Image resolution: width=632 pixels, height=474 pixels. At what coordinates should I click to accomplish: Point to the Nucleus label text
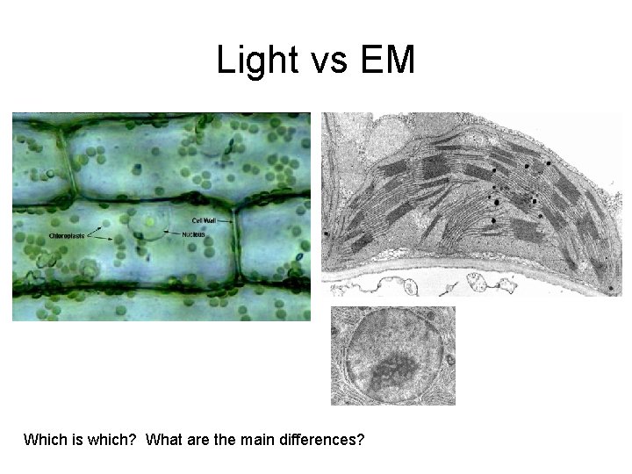(x=194, y=235)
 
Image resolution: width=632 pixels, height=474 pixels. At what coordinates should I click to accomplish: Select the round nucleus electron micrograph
(x=392, y=355)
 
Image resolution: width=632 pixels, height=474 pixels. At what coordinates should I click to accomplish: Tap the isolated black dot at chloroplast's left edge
(x=327, y=234)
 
